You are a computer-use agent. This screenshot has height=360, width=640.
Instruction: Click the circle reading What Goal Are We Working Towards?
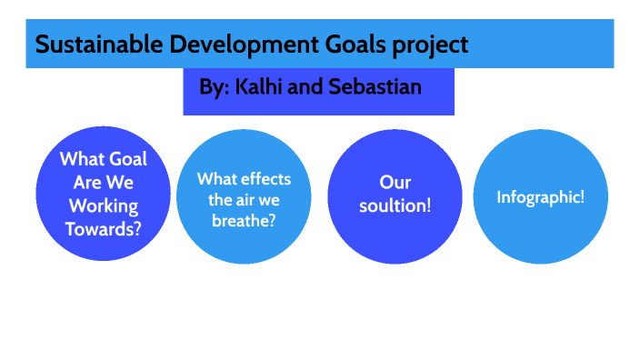103,195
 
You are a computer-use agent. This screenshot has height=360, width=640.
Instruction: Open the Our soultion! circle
394,195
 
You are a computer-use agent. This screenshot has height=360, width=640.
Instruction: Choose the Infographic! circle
540,196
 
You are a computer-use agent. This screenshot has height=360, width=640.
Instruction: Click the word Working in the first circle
103,205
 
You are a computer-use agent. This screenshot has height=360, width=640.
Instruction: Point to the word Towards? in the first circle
103,228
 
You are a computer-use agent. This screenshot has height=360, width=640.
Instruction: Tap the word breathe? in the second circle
243,221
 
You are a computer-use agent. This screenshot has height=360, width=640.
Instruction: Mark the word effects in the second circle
265,178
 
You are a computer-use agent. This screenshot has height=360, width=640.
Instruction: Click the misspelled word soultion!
395,206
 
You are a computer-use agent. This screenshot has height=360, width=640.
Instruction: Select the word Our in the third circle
395,183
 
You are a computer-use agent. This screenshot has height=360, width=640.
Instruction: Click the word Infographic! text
540,196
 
